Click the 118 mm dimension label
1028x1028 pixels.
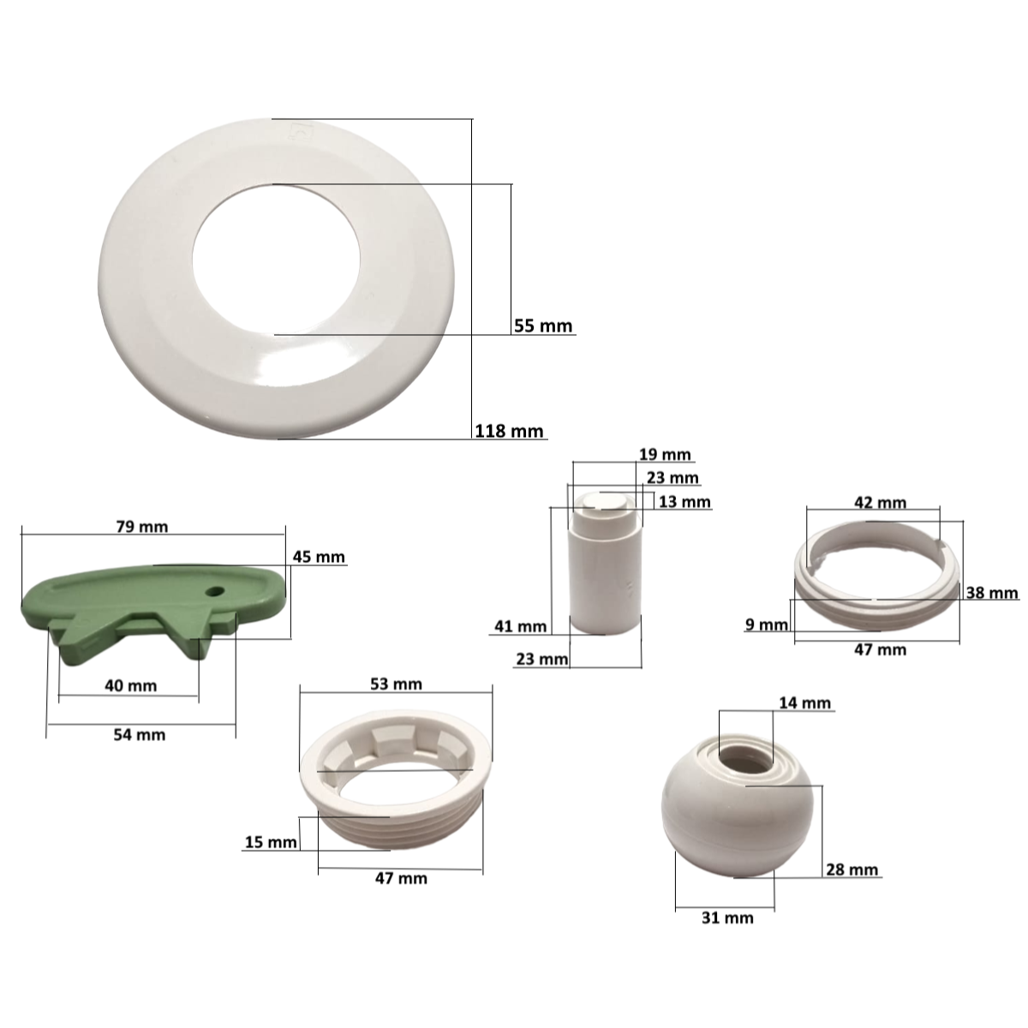click(x=509, y=431)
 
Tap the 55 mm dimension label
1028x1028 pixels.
click(x=543, y=326)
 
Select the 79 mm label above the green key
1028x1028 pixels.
click(x=142, y=527)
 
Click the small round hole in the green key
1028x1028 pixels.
click(x=215, y=592)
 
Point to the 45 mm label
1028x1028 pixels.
click(x=319, y=557)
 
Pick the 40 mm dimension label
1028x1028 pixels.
click(x=131, y=685)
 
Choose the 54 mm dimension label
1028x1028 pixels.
click(x=140, y=734)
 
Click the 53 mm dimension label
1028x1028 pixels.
click(x=397, y=684)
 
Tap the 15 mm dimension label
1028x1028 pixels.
click(x=271, y=842)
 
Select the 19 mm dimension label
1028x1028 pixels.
click(x=665, y=455)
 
